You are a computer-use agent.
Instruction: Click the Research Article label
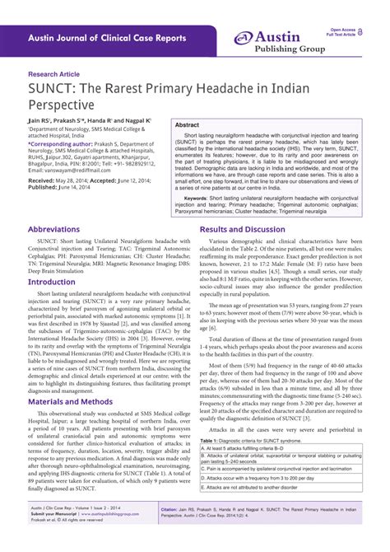click(58, 73)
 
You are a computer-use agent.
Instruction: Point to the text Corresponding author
click(60, 142)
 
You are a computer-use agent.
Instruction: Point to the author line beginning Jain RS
click(90, 119)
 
